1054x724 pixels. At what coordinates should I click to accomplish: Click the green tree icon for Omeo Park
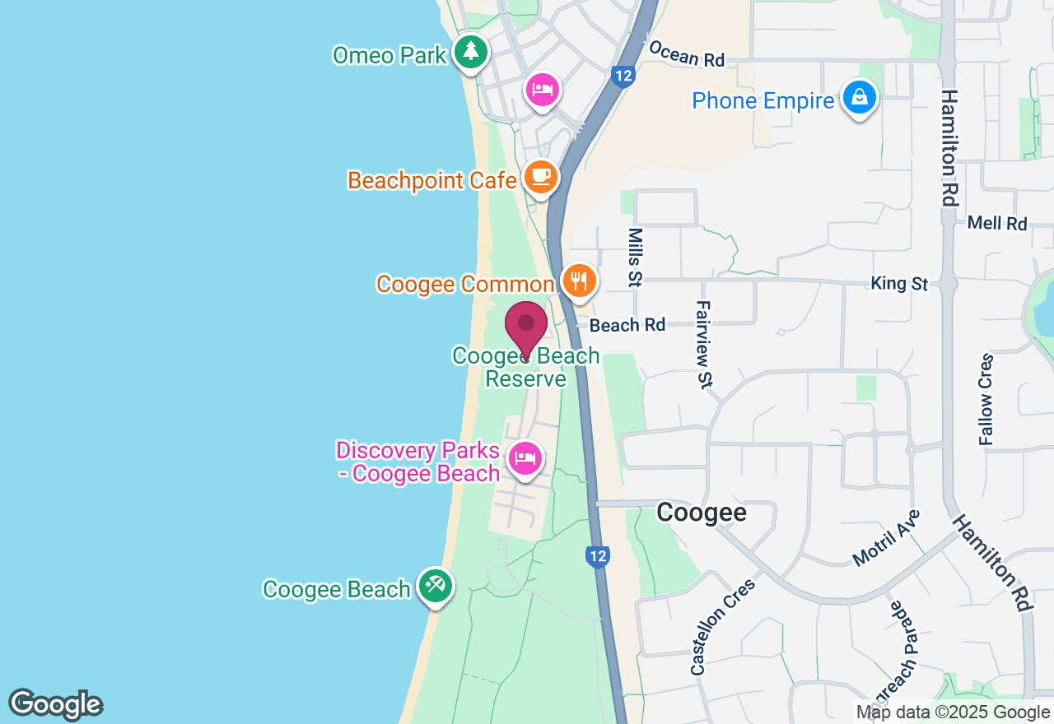pyautogui.click(x=470, y=52)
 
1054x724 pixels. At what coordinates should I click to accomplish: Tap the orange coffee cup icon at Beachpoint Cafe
pyautogui.click(x=540, y=176)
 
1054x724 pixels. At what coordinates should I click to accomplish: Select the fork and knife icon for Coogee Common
pyautogui.click(x=581, y=281)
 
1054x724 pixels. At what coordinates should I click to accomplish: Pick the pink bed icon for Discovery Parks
pyautogui.click(x=525, y=458)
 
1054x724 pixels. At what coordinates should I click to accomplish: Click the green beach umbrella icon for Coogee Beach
pyautogui.click(x=434, y=586)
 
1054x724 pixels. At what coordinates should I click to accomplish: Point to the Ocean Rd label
pyautogui.click(x=686, y=53)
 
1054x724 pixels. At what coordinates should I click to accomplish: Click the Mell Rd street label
pyautogui.click(x=997, y=223)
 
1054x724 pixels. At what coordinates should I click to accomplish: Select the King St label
pyautogui.click(x=899, y=284)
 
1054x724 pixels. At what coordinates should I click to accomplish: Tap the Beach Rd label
pyautogui.click(x=627, y=325)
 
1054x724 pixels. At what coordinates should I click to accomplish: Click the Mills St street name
pyautogui.click(x=634, y=258)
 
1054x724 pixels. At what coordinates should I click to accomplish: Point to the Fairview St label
pyautogui.click(x=705, y=344)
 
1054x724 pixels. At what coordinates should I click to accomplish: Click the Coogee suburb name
pyautogui.click(x=702, y=513)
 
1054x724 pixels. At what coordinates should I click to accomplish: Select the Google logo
pyautogui.click(x=55, y=704)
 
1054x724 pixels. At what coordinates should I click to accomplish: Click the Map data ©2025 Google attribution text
pyautogui.click(x=953, y=712)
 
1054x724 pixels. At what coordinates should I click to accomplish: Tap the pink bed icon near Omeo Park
pyautogui.click(x=543, y=88)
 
